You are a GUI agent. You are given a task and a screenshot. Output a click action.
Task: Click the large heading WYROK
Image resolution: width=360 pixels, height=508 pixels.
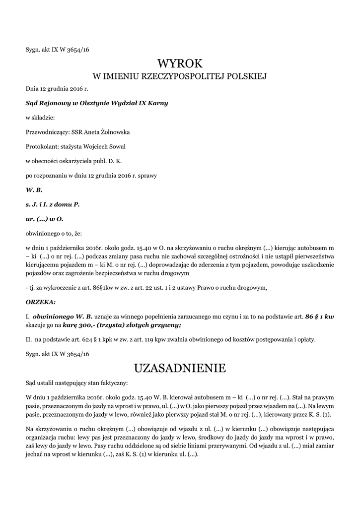click(180, 63)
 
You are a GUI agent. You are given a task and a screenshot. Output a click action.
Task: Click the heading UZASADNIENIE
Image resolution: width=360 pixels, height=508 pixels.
click(180, 368)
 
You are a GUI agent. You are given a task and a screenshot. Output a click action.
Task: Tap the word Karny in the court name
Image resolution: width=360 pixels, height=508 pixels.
click(156, 103)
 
